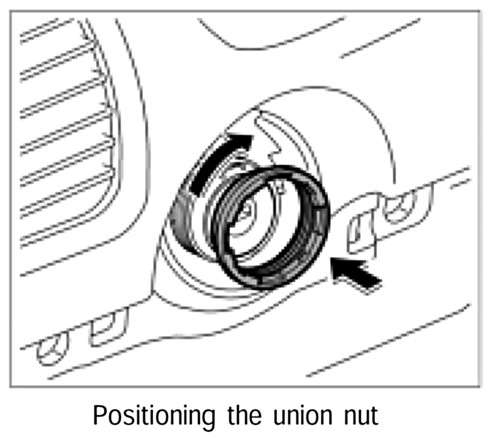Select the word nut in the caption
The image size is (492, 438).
coord(359,415)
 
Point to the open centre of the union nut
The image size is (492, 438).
coord(268,227)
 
